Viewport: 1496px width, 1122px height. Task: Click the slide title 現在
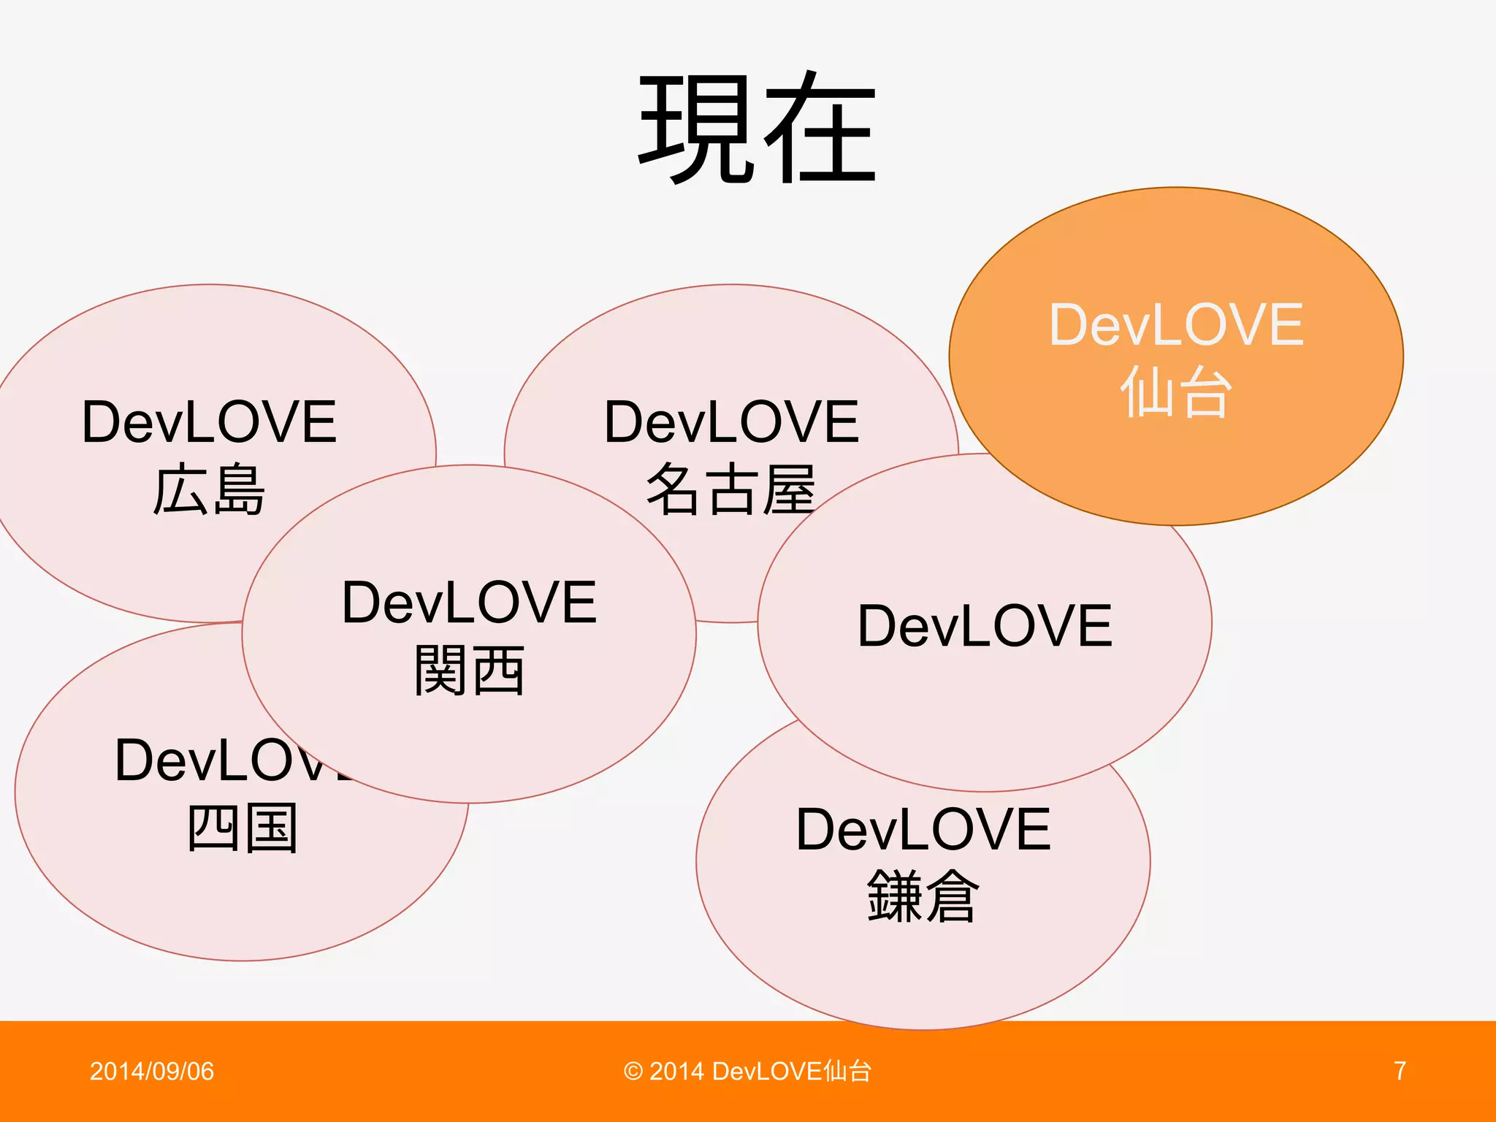coord(757,129)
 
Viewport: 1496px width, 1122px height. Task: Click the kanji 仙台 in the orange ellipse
coord(1176,392)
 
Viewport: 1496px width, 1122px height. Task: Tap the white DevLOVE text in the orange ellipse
coord(1176,325)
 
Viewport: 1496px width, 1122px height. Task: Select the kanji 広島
coord(209,489)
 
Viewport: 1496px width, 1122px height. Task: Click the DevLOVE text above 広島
coord(209,422)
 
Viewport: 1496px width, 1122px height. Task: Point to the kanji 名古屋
coord(730,489)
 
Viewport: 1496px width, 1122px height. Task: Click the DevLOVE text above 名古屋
coord(731,422)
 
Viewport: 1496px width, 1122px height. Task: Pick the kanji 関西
coord(469,670)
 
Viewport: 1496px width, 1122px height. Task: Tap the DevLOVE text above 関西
coord(469,603)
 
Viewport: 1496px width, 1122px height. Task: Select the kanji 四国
coord(243,828)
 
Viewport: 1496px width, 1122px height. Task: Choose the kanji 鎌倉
coord(923,896)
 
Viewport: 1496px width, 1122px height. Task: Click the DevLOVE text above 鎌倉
coord(923,830)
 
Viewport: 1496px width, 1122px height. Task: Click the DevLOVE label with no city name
coord(985,626)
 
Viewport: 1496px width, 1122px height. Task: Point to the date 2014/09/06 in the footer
coord(152,1071)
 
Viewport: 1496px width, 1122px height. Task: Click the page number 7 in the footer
coord(1400,1071)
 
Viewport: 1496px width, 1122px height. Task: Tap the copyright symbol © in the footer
coord(633,1072)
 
